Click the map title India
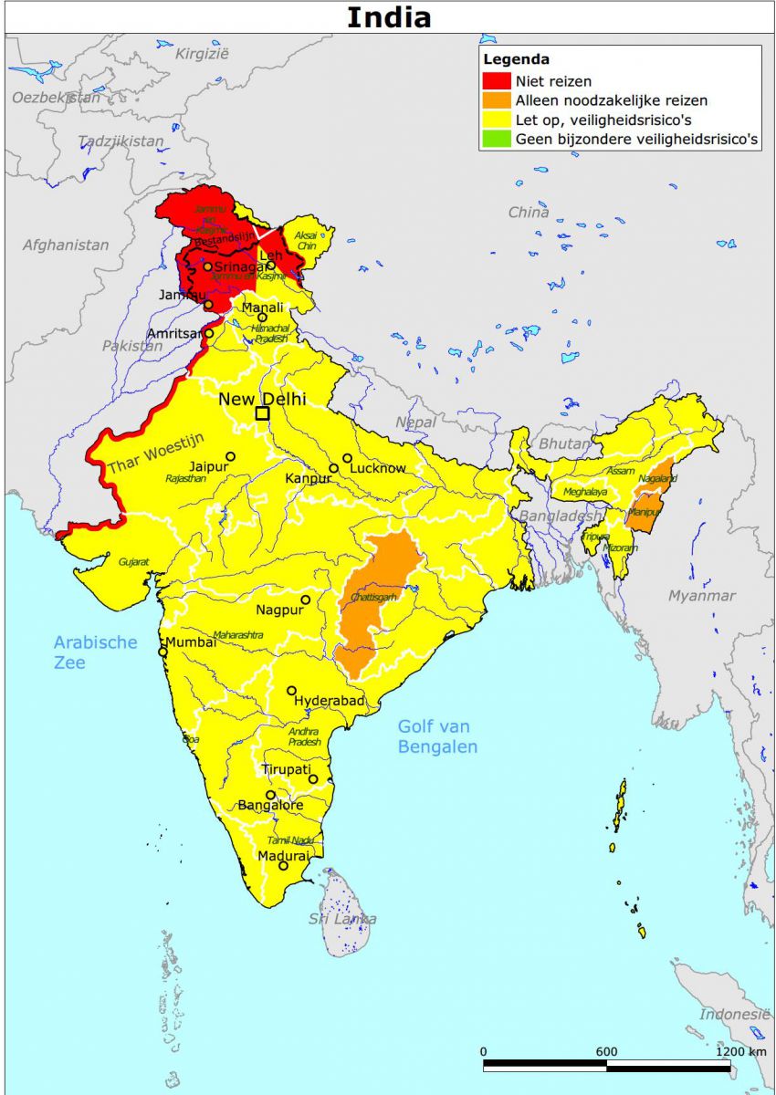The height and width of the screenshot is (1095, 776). [x=388, y=17]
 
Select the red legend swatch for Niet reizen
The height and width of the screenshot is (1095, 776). [x=497, y=81]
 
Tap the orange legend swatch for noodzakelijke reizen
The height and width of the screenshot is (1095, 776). [x=497, y=100]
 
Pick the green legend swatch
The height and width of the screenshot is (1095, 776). [x=497, y=140]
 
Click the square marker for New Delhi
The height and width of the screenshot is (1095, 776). [x=262, y=413]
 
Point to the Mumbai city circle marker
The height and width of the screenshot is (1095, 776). [x=163, y=652]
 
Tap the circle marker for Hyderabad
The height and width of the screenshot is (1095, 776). [x=292, y=691]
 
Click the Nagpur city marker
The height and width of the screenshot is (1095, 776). [x=306, y=600]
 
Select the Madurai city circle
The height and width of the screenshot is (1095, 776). [x=283, y=865]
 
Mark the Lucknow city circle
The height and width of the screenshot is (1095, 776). [x=347, y=458]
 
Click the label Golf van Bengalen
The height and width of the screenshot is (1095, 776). [x=438, y=736]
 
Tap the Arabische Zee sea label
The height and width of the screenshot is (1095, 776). [x=94, y=652]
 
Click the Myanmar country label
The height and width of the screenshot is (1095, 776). [x=701, y=596]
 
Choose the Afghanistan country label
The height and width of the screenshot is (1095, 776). [x=65, y=245]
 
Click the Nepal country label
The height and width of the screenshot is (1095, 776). [x=415, y=422]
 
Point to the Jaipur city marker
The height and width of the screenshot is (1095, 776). [x=231, y=456]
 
